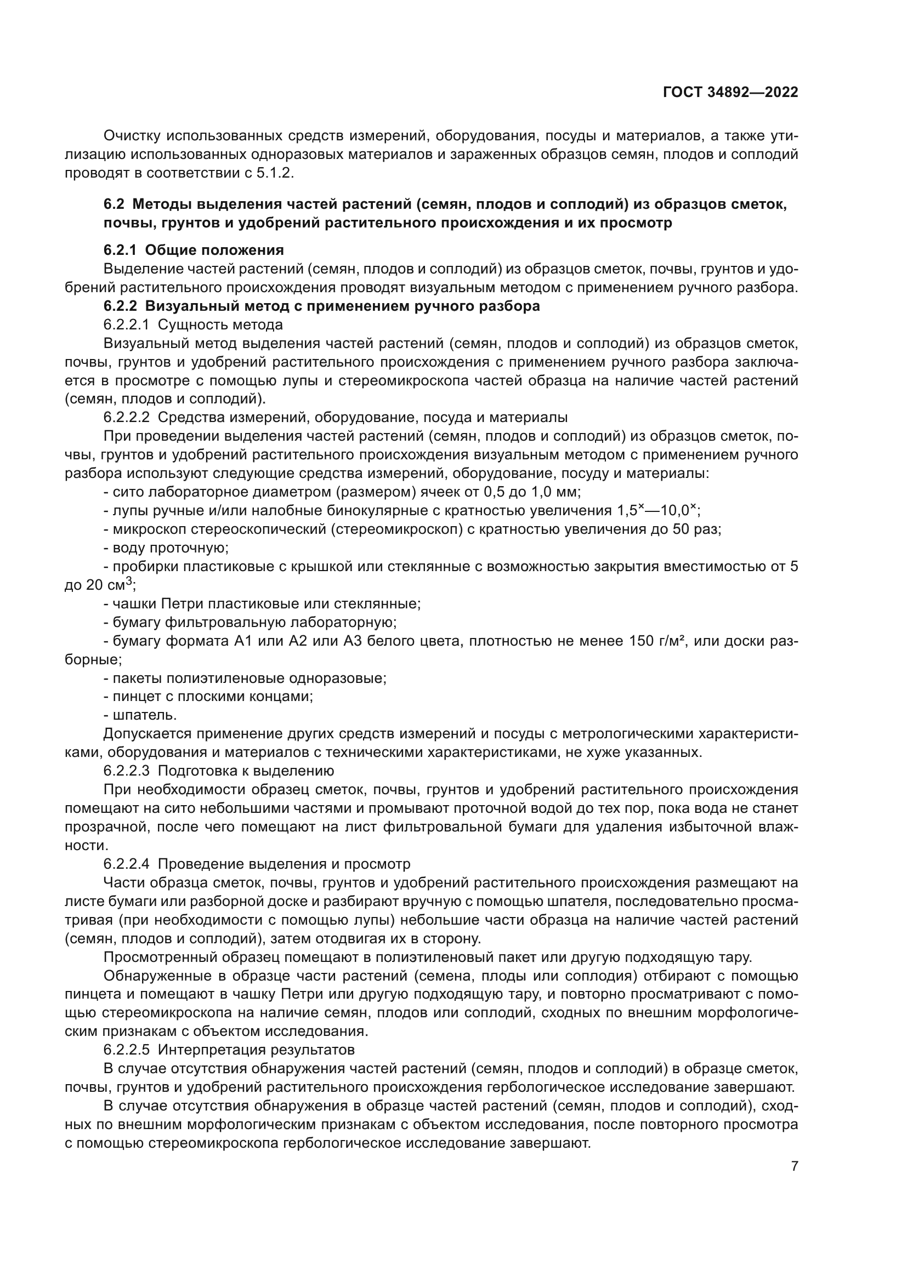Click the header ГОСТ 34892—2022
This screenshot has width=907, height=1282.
click(x=730, y=93)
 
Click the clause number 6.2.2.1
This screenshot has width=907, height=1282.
click(x=126, y=324)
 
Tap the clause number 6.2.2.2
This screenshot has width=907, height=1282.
click(x=126, y=418)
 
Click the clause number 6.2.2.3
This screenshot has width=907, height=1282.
click(x=126, y=771)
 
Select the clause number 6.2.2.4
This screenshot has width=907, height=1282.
click(x=126, y=864)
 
